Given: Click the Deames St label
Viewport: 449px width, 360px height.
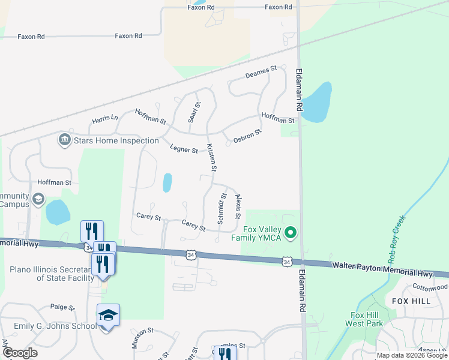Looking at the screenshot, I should point(261,73).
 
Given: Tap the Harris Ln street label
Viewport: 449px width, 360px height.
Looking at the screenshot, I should point(105,119).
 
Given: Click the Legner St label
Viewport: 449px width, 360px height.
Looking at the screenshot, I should point(184,149).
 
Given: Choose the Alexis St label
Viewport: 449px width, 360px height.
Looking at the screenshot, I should point(238,205).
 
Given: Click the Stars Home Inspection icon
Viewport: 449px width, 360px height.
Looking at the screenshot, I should point(64,140).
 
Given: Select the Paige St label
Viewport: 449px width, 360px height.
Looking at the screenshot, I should point(62,307).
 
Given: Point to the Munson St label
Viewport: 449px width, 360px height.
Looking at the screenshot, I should point(143,338).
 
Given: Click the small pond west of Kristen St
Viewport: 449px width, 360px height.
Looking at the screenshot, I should point(167,182).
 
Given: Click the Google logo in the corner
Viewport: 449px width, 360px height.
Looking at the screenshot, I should point(20,353).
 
